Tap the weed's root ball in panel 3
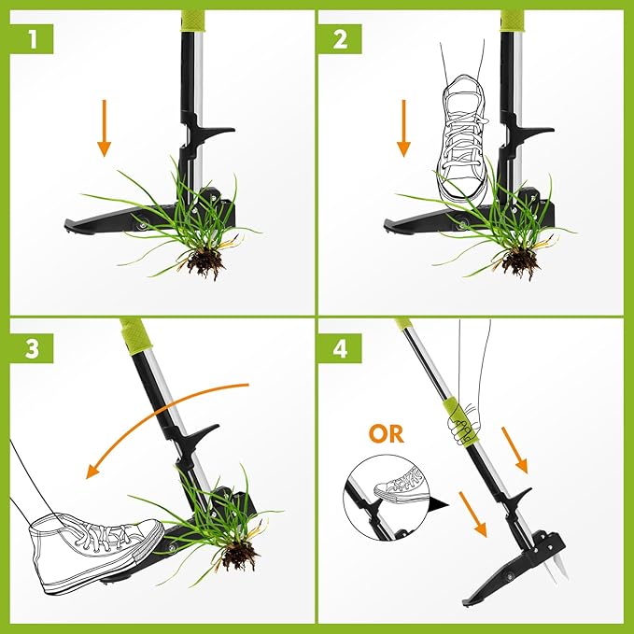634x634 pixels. [x=240, y=557]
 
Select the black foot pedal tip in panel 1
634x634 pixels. [x=75, y=225]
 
